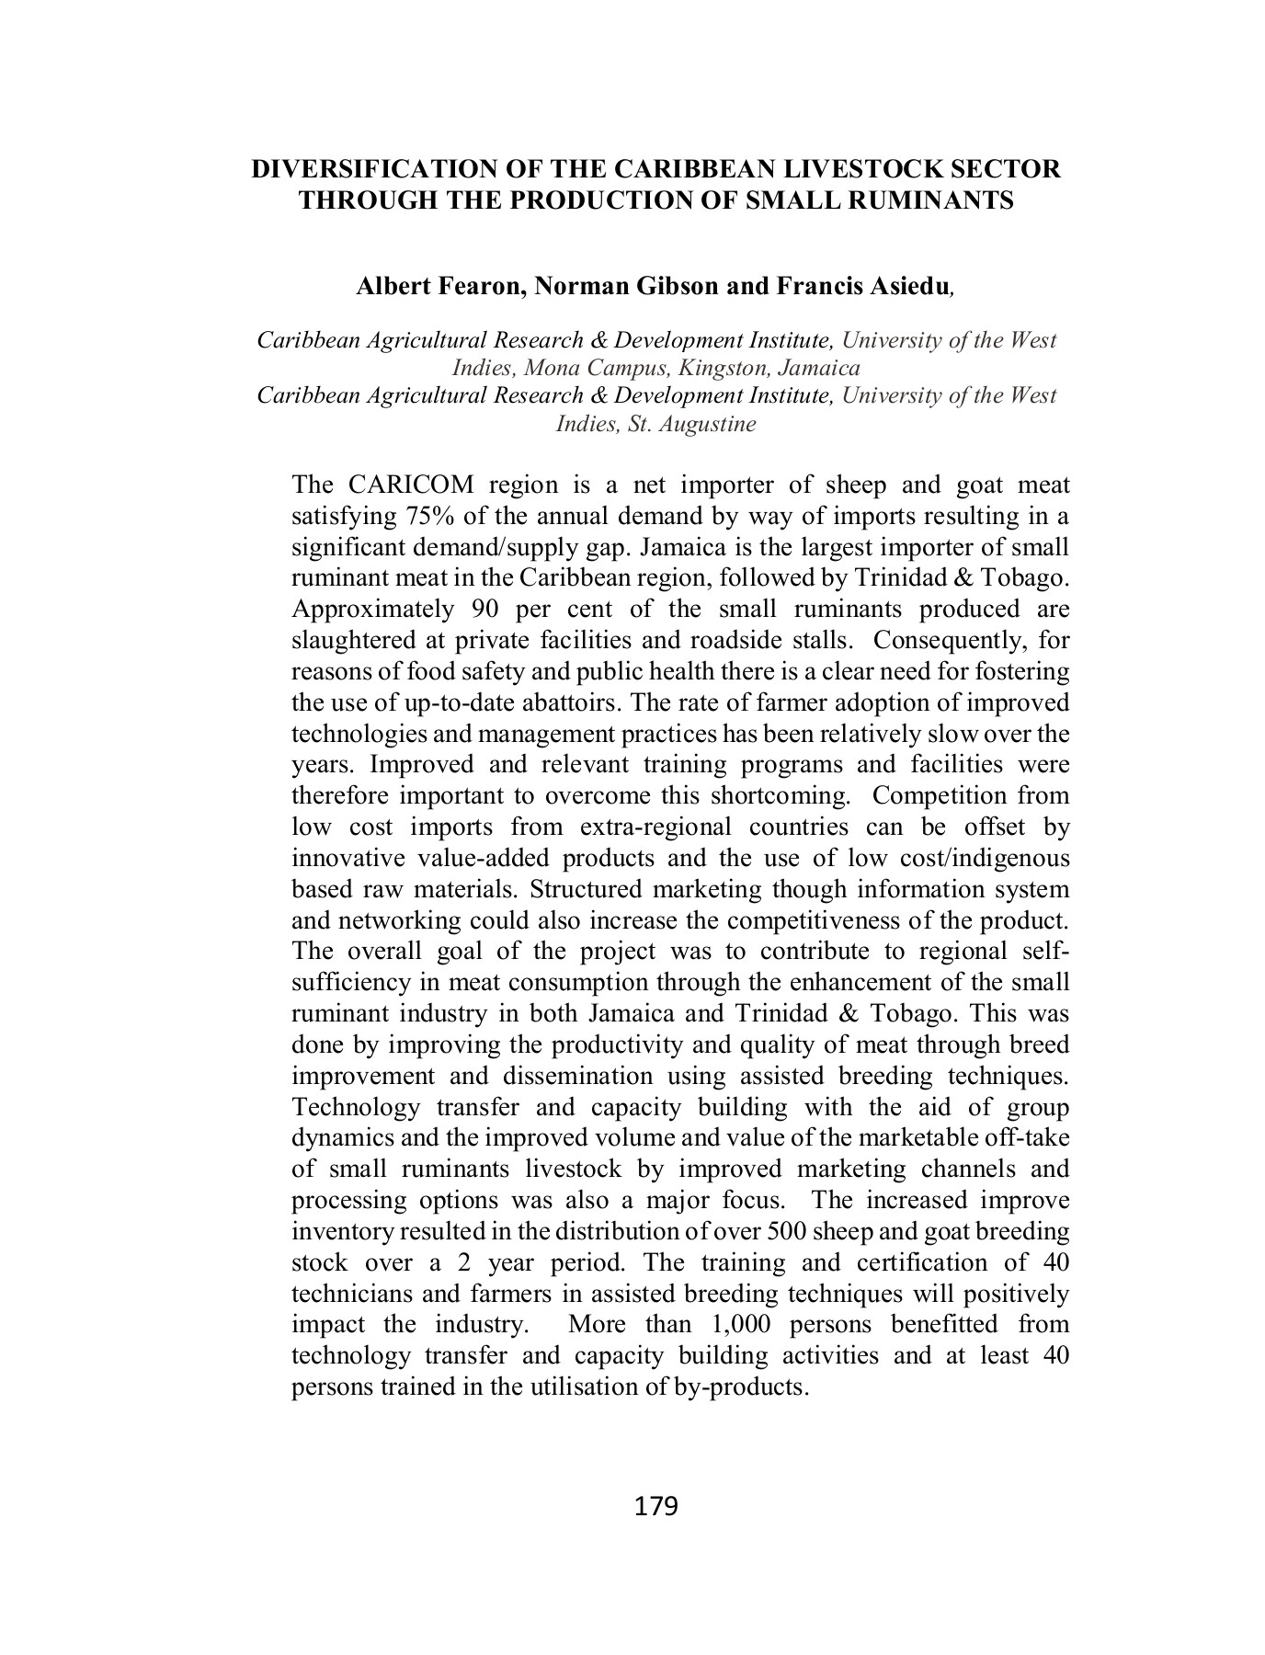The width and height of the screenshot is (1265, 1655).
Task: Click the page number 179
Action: pos(655,1505)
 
